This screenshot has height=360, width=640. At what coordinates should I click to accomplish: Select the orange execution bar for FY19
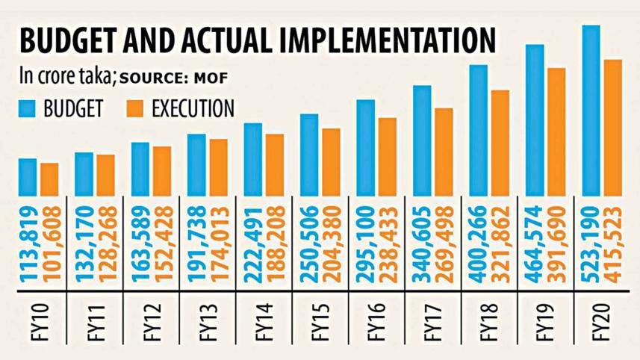click(556, 131)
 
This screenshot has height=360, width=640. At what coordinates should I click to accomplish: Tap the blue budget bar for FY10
click(28, 176)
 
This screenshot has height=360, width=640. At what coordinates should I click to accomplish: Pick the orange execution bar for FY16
click(387, 155)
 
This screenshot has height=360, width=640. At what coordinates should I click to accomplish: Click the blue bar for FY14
click(253, 158)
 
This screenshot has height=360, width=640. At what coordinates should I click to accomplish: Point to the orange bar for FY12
click(162, 170)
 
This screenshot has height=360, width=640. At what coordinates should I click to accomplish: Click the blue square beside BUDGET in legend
click(28, 109)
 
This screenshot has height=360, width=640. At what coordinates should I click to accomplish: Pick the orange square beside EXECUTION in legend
click(134, 109)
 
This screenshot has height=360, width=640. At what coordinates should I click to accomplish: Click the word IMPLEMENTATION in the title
click(387, 41)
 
